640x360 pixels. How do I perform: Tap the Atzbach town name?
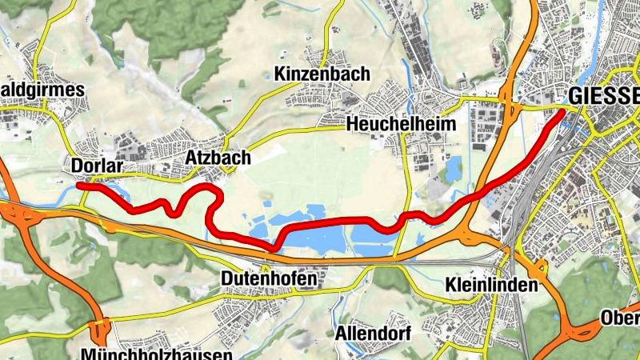point(213,157)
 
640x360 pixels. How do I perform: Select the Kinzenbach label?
point(321,74)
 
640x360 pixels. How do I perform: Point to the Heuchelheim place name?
point(401,124)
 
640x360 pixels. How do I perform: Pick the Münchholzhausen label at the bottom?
point(156,353)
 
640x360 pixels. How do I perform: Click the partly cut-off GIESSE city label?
point(603,96)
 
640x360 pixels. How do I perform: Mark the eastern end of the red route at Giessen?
point(561,113)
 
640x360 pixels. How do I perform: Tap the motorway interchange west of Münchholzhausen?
point(101,330)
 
